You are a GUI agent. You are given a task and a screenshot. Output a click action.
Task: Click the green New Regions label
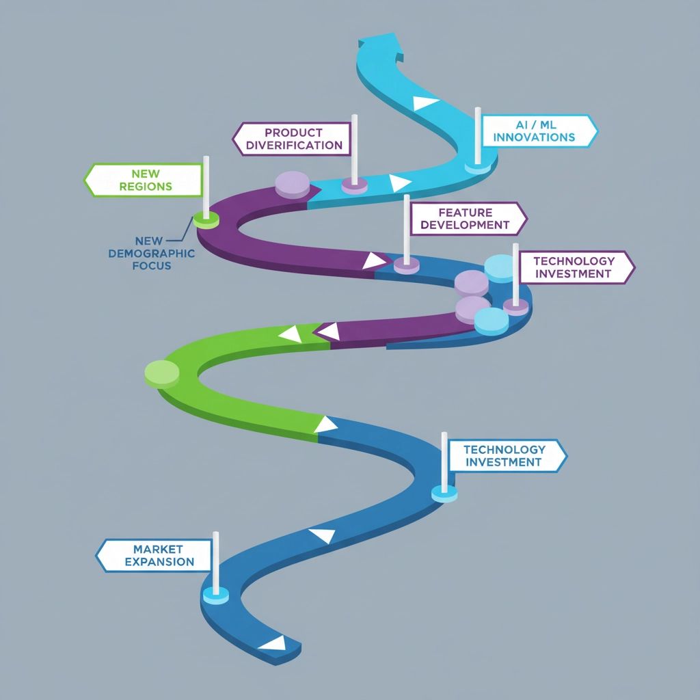[x=145, y=180]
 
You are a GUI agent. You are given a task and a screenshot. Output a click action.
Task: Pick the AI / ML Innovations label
[x=537, y=131]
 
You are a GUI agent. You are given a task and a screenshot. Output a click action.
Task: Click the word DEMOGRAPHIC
[x=151, y=253]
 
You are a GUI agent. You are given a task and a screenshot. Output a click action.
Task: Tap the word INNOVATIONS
[x=534, y=137]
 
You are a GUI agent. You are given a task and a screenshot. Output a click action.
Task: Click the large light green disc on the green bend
[x=162, y=373]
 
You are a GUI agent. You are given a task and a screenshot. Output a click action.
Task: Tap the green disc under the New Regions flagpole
[x=206, y=219]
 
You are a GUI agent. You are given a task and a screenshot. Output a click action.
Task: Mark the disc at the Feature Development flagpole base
[x=407, y=265]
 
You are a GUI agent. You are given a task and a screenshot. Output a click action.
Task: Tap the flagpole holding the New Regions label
[x=206, y=185]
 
